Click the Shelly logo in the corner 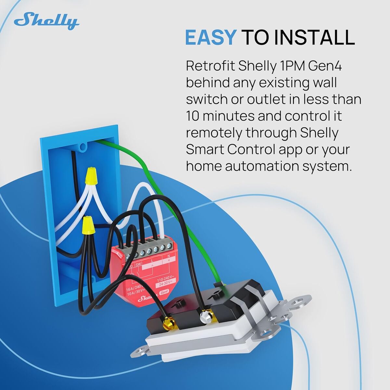tap(46, 22)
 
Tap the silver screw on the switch tap(205, 316)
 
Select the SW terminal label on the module tap(138, 265)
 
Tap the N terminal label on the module tap(168, 256)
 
